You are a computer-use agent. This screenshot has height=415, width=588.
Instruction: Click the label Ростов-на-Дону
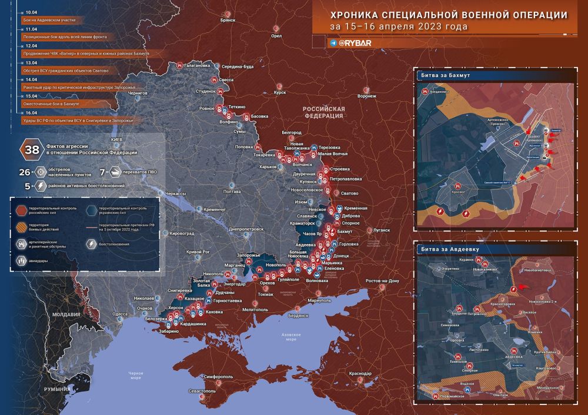pyautogui.click(x=382, y=281)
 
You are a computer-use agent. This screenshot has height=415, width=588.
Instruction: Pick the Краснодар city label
pyautogui.click(x=359, y=374)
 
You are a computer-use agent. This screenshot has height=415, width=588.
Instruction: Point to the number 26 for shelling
pyautogui.click(x=24, y=172)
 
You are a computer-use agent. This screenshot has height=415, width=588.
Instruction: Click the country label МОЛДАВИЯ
pyautogui.click(x=66, y=314)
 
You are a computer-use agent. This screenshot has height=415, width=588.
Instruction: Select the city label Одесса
pyautogui.click(x=121, y=314)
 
